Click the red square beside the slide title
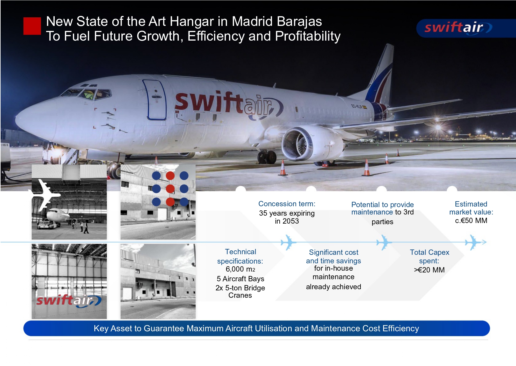pyautogui.click(x=32, y=26)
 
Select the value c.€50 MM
pyautogui.click(x=471, y=221)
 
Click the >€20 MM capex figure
pyautogui.click(x=429, y=270)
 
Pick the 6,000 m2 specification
pyautogui.click(x=240, y=269)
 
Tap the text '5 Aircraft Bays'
pyautogui.click(x=241, y=279)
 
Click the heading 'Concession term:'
pyautogui.click(x=287, y=204)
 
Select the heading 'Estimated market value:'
pyautogui.click(x=471, y=208)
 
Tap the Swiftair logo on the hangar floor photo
pyautogui.click(x=69, y=301)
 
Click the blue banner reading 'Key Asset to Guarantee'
pyautogui.click(x=256, y=328)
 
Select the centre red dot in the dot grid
pyautogui.click(x=170, y=189)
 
